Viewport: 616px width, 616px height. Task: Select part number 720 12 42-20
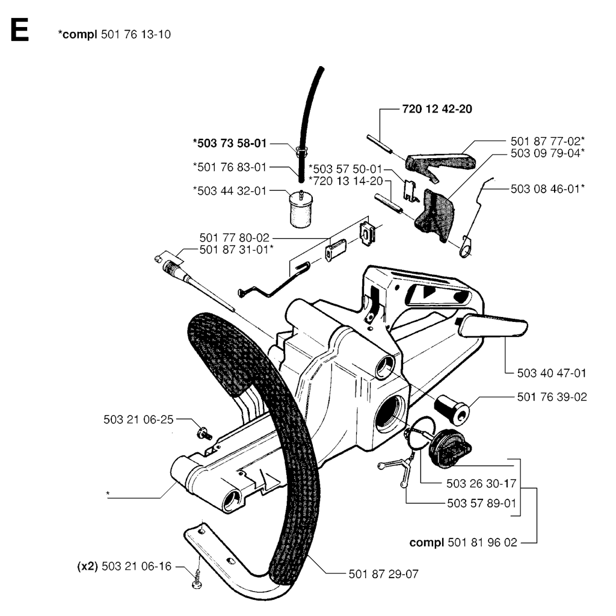[x=437, y=109]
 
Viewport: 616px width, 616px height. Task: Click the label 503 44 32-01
[x=230, y=191]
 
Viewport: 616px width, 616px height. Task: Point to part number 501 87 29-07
[x=383, y=574]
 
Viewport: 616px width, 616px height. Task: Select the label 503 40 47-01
[x=552, y=373]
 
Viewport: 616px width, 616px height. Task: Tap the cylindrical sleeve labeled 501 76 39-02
[x=452, y=410]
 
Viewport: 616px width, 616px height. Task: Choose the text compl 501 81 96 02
[x=463, y=543]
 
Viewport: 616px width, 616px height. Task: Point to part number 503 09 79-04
[x=547, y=153]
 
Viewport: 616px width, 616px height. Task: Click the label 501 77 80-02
[x=234, y=238]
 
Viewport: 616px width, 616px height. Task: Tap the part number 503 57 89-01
[x=482, y=504]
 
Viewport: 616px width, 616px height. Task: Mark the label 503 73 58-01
[x=230, y=143]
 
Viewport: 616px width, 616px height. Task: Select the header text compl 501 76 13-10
[x=114, y=34]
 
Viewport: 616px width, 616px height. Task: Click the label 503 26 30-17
[x=481, y=484]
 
